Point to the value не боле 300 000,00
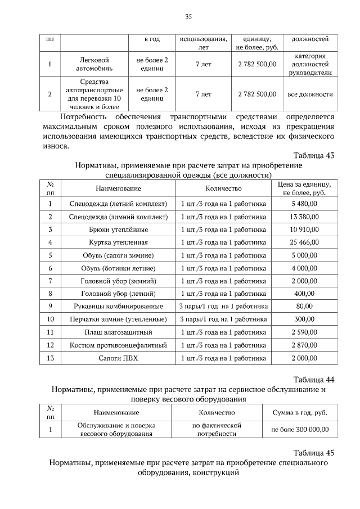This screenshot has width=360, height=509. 300,430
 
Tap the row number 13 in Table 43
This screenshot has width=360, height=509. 50,358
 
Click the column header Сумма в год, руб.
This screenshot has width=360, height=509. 300,412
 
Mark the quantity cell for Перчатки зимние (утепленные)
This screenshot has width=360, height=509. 223,319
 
